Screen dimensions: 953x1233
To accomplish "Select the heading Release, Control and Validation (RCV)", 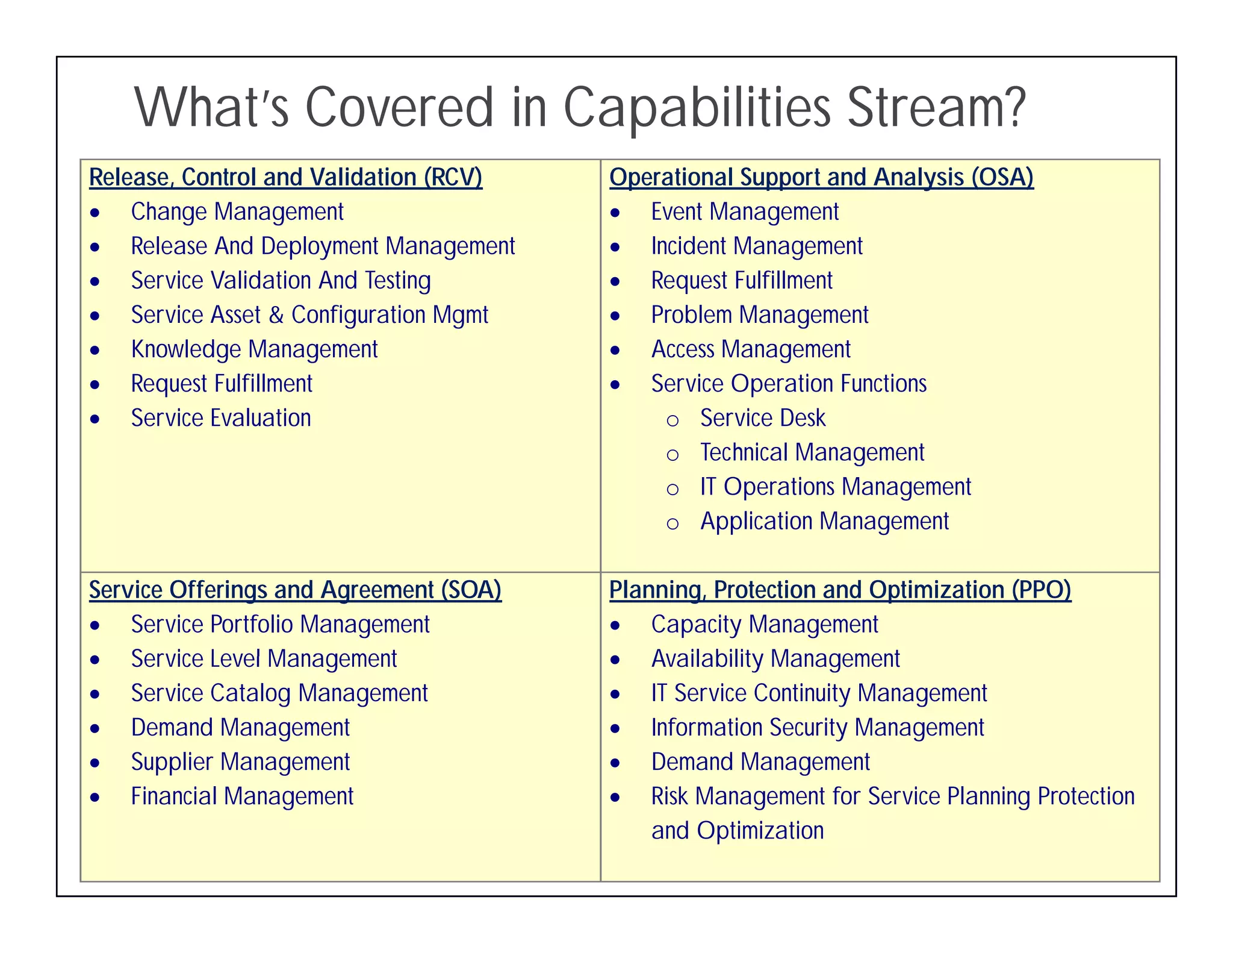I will (285, 177).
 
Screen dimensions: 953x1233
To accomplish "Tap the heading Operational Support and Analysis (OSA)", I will (821, 177).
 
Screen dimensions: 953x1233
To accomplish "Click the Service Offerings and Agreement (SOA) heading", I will (295, 590).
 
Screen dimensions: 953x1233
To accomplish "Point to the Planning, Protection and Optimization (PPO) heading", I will (840, 590).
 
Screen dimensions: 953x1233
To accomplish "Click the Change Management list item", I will (237, 212).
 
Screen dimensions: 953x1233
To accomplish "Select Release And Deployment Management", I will (323, 246).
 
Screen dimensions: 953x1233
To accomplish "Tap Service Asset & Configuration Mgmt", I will (309, 315).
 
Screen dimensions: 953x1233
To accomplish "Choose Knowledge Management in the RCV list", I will (254, 349).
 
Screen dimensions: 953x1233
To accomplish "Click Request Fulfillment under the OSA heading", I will (742, 281).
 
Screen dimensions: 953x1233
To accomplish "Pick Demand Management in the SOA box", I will (240, 728).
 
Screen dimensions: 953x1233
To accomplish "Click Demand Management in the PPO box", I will (760, 762).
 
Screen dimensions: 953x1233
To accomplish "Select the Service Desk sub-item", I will (762, 418).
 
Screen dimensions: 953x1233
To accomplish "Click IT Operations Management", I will (835, 487).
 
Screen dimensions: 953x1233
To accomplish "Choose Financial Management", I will (242, 796).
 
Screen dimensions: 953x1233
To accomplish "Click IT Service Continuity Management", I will (819, 693).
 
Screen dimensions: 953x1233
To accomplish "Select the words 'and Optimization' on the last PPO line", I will (737, 831).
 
